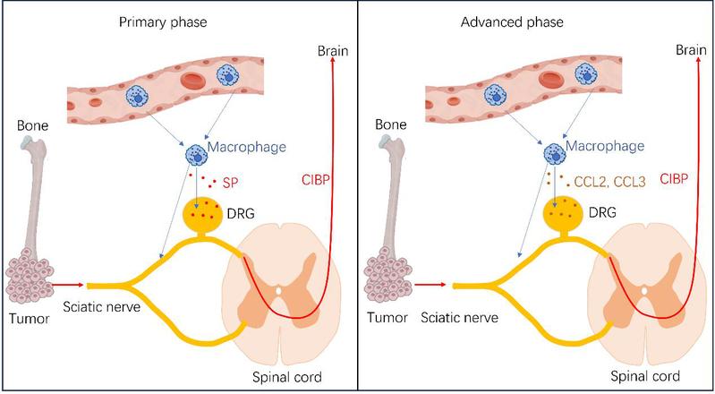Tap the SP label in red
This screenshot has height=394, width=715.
tap(230, 183)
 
